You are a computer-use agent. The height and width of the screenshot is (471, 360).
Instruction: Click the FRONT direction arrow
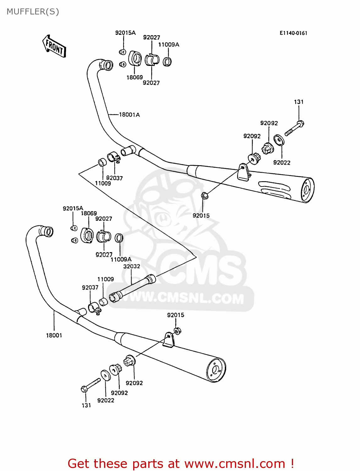(54, 46)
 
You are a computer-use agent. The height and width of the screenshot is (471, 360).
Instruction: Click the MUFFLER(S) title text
(33, 12)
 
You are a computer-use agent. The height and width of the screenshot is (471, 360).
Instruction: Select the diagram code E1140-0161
(293, 33)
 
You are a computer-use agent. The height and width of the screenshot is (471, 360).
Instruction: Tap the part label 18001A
(129, 115)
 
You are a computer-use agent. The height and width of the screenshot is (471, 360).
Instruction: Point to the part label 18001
(54, 335)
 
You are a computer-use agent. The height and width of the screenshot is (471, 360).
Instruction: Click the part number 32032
(132, 266)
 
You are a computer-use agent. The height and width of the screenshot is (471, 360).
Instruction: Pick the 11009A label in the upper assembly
(169, 45)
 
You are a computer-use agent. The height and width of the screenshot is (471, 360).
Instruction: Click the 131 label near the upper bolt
(299, 102)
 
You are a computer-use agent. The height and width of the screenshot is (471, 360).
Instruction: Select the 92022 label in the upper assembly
(282, 162)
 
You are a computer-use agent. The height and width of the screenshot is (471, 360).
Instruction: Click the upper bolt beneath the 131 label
(295, 127)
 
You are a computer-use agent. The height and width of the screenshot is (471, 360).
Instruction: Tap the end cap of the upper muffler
(307, 190)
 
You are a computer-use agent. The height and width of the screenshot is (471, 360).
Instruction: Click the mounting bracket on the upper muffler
(243, 172)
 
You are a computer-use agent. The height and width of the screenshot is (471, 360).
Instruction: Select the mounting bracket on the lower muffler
(168, 340)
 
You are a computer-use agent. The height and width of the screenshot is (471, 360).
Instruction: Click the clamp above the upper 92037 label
(113, 157)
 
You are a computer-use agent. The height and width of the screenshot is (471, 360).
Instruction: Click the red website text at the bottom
(181, 463)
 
